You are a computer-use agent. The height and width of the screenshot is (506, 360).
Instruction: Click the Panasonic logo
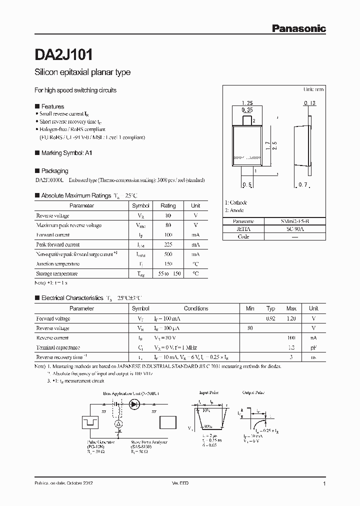pos(298,29)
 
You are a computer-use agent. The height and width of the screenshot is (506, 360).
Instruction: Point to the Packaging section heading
pos(54,171)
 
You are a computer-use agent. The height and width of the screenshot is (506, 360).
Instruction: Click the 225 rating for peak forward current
pos(168,244)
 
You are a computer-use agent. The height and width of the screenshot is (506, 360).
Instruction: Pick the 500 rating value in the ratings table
pos(168,254)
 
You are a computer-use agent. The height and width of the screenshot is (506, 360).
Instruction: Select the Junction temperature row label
pos(57,263)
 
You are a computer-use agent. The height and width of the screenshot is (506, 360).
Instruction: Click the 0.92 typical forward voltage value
pos(271,318)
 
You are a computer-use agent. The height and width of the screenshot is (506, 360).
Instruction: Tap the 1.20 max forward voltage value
pos(291,318)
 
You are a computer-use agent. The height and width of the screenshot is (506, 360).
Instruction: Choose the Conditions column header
pos(196,308)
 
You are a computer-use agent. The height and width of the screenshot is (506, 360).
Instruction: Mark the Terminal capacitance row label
pos(58,347)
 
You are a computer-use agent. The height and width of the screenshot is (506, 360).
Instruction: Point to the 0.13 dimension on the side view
pos(309,103)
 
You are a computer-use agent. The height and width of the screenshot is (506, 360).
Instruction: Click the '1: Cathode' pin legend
pos(235,202)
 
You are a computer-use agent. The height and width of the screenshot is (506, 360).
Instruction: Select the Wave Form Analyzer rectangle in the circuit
pos(168,423)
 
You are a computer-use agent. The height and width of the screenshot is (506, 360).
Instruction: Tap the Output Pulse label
pos(252,393)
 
